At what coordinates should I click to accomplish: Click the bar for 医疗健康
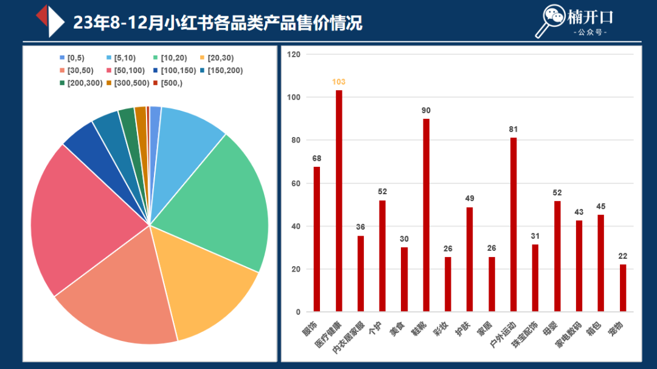click(x=339, y=201)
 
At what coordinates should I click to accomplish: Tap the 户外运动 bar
click(x=513, y=225)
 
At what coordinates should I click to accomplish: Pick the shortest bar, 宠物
click(x=623, y=288)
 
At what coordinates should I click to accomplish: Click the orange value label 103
click(x=339, y=82)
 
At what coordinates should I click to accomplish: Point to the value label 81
click(x=513, y=129)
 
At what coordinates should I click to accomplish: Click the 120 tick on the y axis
click(x=294, y=54)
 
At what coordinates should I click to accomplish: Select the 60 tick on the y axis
click(x=296, y=183)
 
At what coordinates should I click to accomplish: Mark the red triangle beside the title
click(x=42, y=15)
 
